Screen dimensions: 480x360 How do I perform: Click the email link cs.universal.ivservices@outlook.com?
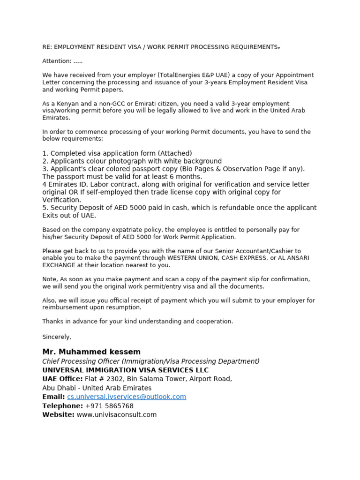pos(127,397)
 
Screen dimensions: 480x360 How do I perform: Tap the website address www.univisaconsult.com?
pos(117,414)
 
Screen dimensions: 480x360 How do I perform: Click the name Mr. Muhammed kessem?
pos(91,352)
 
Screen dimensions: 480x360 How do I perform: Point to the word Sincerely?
pos(57,337)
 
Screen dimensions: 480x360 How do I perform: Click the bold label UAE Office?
pos(62,379)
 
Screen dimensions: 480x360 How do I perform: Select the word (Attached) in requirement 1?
pos(175,153)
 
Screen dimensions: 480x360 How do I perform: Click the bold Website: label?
pos(58,414)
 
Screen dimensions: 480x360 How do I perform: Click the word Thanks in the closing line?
pos(52,321)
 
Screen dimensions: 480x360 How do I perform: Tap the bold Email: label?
pos(53,397)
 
